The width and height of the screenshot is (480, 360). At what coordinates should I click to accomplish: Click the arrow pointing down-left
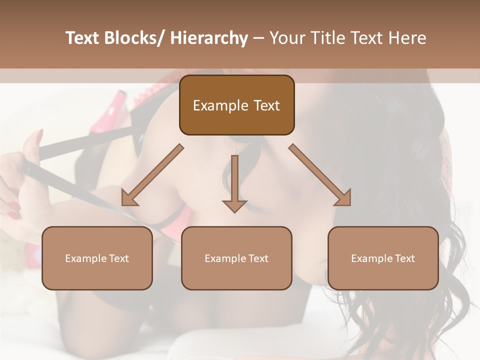click(152, 174)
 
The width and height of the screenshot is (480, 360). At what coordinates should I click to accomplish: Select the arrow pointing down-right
click(320, 174)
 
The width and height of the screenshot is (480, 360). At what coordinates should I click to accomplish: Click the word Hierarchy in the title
click(209, 38)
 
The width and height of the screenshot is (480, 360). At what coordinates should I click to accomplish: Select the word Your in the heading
click(286, 38)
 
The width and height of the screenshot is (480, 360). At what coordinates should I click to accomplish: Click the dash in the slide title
click(258, 38)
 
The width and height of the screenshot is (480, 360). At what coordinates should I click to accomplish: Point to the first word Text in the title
click(83, 38)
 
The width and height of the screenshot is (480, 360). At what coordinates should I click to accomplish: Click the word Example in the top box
click(220, 106)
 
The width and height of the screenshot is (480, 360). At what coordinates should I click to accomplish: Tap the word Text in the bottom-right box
click(404, 258)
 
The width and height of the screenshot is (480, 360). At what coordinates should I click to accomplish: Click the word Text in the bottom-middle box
click(257, 258)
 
